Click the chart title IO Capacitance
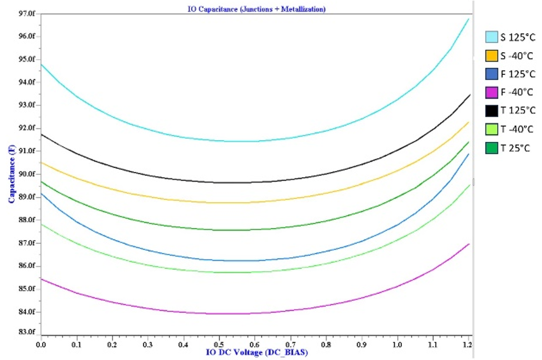[256, 9]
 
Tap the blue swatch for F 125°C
[492, 74]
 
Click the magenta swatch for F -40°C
[492, 92]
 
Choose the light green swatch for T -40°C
[492, 129]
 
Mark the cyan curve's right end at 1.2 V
[469, 19]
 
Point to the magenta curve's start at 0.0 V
[41, 279]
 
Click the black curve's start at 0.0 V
[41, 134]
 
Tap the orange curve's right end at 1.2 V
[469, 122]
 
